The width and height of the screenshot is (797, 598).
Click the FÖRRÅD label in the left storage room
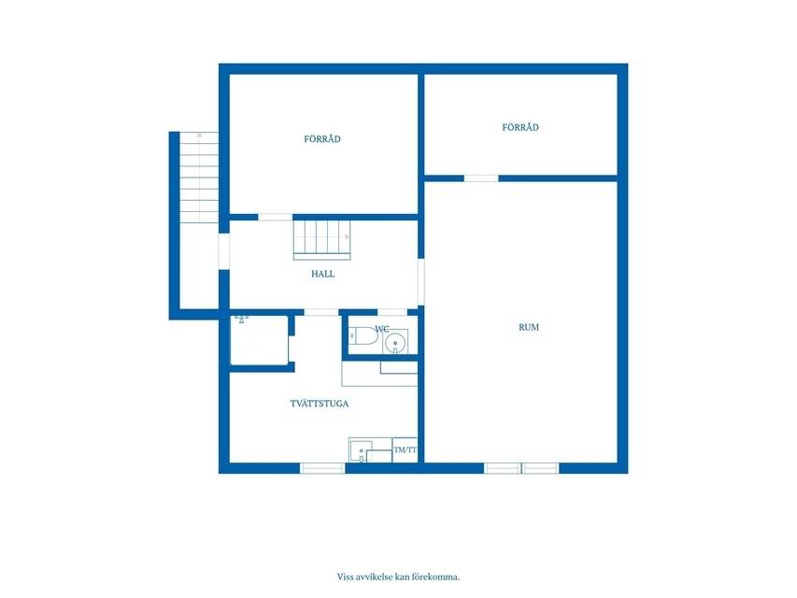[322, 139]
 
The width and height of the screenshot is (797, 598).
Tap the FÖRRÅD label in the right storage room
[520, 127]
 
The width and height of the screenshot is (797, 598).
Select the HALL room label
[322, 274]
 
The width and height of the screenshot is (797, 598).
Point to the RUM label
[529, 327]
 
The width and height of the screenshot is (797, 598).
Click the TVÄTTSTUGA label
[320, 404]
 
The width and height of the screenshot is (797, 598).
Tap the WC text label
[382, 330]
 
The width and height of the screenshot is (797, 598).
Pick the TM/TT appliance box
[406, 450]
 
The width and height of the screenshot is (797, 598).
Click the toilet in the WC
[363, 336]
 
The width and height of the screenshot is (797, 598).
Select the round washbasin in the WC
[395, 344]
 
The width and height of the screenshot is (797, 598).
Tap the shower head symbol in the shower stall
[241, 320]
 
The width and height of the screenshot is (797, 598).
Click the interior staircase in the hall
[322, 240]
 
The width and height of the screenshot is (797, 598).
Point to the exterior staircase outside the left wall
[199, 177]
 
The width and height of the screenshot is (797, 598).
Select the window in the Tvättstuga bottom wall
[322, 468]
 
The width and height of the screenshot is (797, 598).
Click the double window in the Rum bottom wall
[521, 468]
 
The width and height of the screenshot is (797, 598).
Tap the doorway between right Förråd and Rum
[481, 178]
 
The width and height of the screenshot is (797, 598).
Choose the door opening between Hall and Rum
[420, 282]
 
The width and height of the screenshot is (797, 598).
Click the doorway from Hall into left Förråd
[275, 217]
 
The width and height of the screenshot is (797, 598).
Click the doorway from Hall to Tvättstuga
[321, 312]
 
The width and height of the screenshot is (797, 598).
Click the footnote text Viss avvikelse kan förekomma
[398, 577]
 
